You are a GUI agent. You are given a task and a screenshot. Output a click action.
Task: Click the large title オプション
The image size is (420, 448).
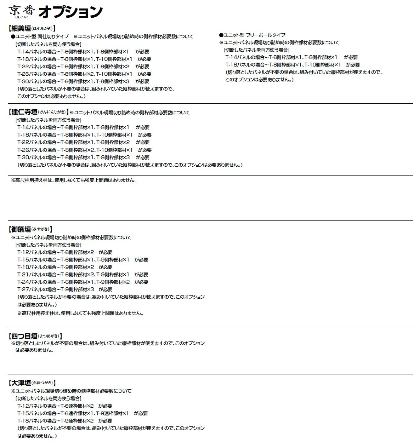coord(70,12)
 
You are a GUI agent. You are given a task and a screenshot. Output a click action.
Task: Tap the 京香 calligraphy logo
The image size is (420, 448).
coord(22,11)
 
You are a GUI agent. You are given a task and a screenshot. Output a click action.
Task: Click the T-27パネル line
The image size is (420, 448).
coord(65,289)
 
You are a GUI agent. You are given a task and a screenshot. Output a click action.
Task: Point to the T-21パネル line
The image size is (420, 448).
coord(83,275)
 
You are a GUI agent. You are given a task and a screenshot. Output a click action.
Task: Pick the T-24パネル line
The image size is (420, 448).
coord(83,282)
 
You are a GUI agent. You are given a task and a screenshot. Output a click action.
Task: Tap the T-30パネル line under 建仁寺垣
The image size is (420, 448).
coord(83,157)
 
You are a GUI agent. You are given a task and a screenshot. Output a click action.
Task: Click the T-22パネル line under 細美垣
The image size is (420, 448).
coord(83,67)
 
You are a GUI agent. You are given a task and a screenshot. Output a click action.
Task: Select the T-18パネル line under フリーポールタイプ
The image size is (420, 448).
coord(293,65)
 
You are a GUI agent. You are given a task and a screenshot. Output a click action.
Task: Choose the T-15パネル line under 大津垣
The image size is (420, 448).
coord(83,413)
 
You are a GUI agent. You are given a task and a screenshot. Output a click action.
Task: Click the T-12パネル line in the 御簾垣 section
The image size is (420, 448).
coord(65,252)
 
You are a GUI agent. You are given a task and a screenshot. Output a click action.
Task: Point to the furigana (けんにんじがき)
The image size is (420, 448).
coord(52,112)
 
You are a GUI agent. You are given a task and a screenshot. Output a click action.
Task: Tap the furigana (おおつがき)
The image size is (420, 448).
coord(42,383)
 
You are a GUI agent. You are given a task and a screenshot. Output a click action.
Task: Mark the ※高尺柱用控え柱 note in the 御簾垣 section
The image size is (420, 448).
coord(80,313)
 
